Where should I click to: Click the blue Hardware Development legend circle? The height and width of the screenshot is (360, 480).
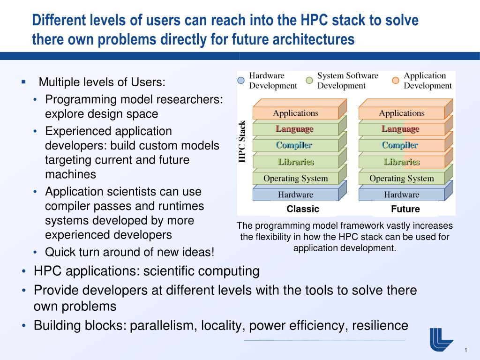coord(241,80)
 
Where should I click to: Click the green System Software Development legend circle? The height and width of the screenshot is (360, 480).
coord(309,80)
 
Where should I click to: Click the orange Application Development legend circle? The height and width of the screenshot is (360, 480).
coord(396,80)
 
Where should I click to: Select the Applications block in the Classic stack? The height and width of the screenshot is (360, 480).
coord(295,113)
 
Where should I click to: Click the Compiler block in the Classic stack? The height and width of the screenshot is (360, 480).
coord(294,145)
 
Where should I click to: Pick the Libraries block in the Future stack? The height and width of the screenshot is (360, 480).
coord(401,162)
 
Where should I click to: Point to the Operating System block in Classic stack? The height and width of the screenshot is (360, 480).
coord(295,178)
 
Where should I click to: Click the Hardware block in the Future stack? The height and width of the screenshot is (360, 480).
coord(401,195)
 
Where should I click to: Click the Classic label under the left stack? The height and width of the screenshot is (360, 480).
coord(303,209)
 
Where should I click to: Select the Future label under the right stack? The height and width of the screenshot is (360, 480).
coord(405,209)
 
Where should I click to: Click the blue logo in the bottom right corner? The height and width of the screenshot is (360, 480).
coord(441,339)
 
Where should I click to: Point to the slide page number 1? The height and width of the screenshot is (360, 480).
coord(466,351)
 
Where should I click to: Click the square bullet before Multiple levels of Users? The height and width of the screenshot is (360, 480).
coord(23,82)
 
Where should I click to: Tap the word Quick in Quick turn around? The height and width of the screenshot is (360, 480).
coord(59,252)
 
